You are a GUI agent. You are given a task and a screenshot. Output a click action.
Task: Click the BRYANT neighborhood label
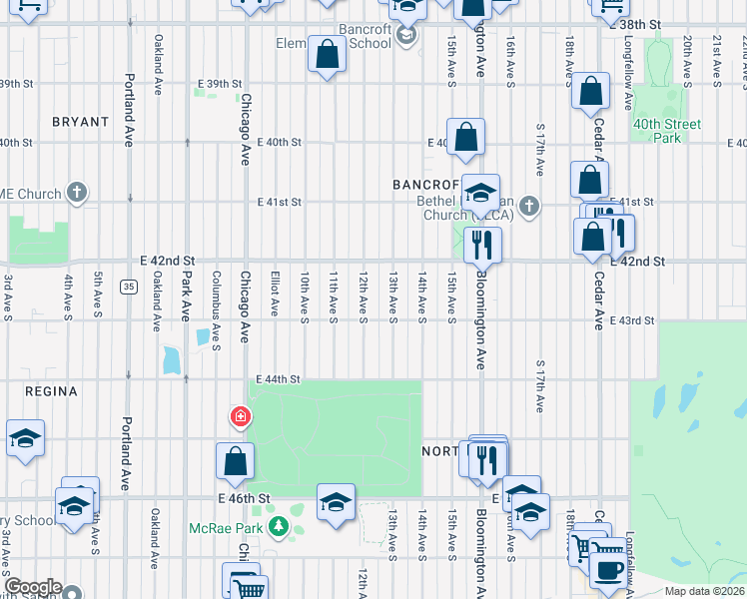[80, 122]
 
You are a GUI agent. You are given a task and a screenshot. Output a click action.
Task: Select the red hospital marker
[240, 417]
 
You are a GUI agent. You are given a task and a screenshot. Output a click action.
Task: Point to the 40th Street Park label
[666, 131]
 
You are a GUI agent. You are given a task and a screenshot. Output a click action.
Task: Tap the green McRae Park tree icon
[284, 526]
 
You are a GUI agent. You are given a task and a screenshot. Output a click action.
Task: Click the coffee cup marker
[607, 570]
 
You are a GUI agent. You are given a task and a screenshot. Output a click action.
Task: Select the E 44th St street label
[278, 379]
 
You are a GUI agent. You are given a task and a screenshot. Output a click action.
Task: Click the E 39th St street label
[220, 84]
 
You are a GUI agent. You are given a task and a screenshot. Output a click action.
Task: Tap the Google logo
[33, 587]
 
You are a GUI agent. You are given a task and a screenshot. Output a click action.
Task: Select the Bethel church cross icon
[529, 207]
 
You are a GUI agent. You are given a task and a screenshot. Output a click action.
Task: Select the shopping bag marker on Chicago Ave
[235, 461]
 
